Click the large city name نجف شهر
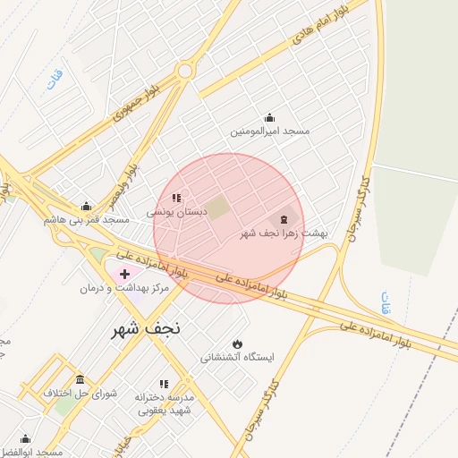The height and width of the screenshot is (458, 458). pos(146,328)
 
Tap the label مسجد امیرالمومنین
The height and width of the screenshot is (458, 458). pos(269,131)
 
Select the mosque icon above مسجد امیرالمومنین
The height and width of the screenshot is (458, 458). pos(269,117)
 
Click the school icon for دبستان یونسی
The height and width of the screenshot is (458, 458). pos(177,198)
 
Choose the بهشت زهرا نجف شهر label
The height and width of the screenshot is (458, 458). pos(284,233)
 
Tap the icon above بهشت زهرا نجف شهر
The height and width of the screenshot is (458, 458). pos(284,218)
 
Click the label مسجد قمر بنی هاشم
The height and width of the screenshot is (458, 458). pos(86,219)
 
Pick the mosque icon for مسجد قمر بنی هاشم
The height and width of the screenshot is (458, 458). pos(86,206)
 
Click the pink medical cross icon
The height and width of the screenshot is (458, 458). pos(123,273)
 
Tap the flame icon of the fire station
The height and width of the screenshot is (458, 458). pos(237,343)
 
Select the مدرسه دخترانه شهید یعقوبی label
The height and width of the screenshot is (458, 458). pos(165,403)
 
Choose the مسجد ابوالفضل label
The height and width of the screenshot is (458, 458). pos(31,453)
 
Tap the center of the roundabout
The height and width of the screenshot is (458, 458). pos(185,71)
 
